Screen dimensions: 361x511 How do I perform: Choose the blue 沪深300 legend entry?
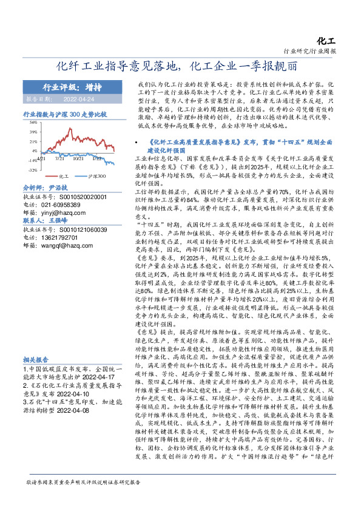tap(93, 175)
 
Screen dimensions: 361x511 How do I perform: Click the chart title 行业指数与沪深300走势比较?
tap(64, 113)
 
